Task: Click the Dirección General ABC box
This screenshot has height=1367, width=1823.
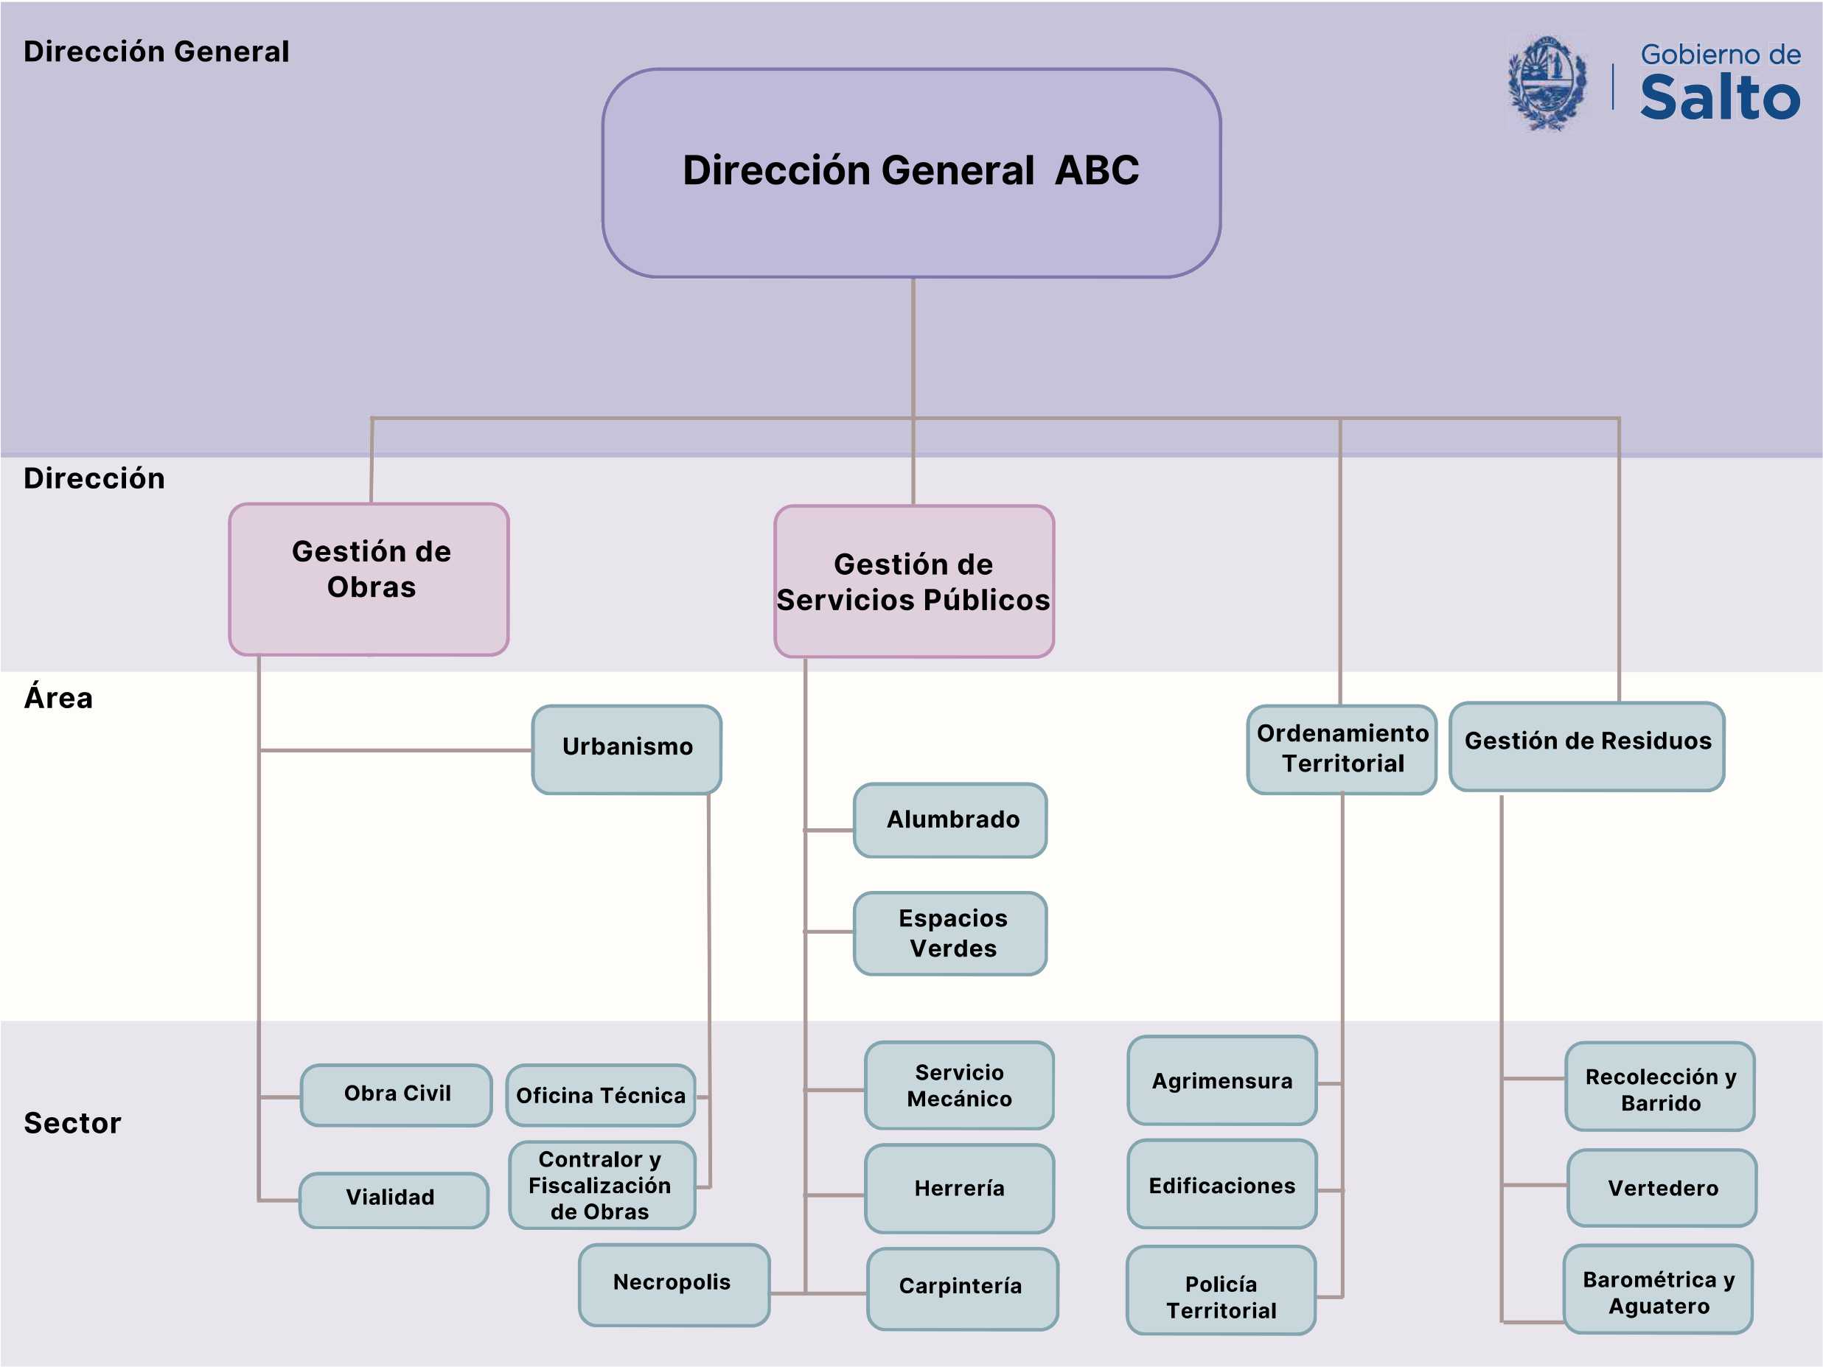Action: [911, 173]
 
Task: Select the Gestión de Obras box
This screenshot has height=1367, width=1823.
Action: [369, 579]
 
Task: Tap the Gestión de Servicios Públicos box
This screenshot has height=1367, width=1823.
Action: [914, 581]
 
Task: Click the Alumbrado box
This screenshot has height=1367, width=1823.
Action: [950, 821]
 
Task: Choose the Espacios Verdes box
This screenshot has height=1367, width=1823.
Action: [950, 934]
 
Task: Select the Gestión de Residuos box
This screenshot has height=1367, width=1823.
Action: [1587, 747]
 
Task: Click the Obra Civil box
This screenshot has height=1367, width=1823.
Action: [397, 1095]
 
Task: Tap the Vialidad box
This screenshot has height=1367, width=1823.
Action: [394, 1200]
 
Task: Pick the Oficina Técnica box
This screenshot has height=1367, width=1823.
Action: [601, 1095]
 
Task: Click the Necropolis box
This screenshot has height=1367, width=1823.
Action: [675, 1284]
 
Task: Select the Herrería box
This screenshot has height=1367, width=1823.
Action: [959, 1188]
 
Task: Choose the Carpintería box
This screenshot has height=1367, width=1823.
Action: [963, 1289]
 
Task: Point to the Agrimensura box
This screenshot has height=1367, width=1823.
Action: [1222, 1080]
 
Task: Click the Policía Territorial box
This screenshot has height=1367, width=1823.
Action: [1221, 1290]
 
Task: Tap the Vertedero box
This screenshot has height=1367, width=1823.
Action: [1662, 1188]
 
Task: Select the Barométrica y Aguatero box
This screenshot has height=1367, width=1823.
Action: [1658, 1290]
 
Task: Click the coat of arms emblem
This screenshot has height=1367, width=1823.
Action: [1547, 83]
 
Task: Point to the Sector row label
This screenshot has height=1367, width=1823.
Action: [72, 1123]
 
